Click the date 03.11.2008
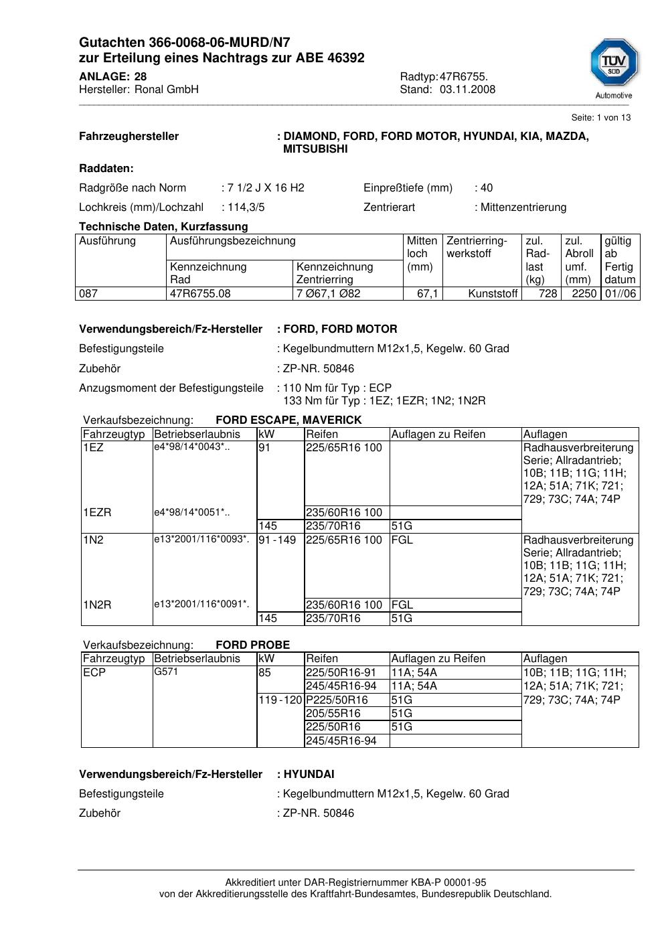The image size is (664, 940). click(x=467, y=90)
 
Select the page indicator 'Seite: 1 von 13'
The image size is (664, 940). click(x=600, y=118)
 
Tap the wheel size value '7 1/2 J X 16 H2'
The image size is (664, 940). click(x=266, y=188)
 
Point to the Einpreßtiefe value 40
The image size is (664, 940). click(x=487, y=188)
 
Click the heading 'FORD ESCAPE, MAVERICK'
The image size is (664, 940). click(x=288, y=420)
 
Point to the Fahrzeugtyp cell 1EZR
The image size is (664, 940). click(x=97, y=513)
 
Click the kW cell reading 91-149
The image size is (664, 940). click(x=277, y=540)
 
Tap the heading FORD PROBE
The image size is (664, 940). click(x=252, y=645)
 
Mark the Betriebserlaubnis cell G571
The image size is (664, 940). click(x=166, y=672)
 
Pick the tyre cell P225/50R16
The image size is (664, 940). click(x=337, y=700)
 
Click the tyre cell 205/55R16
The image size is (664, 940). click(x=333, y=714)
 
